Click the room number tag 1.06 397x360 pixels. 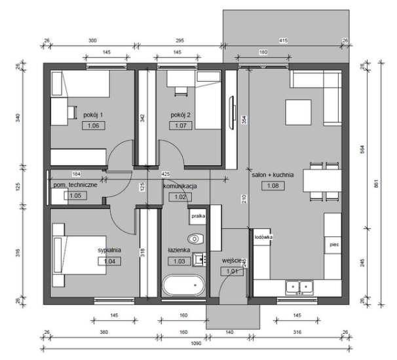point(94,126)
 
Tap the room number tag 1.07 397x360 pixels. point(181,126)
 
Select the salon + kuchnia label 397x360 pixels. point(273,175)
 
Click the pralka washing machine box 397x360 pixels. point(198,216)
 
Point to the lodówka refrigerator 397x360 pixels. point(263,237)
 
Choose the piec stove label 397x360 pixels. point(334,245)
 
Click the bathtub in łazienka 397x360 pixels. point(183,285)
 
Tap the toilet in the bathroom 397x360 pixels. point(196,238)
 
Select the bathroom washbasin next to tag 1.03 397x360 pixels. point(199,259)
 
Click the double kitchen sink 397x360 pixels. point(299,287)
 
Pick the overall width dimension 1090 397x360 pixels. point(196,343)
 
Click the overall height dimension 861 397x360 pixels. point(376,183)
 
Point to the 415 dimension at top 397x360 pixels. point(283,41)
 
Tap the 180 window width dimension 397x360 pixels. point(263,52)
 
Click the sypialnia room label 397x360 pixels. point(109,250)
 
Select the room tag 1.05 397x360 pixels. point(75,196)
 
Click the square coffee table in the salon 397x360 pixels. point(298,113)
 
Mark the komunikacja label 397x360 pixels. point(180,186)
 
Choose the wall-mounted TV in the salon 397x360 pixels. point(233,113)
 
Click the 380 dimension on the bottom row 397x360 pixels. point(104,332)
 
